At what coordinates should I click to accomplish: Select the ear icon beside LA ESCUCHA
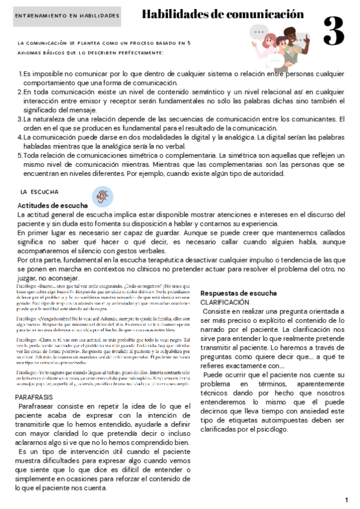click(x=102, y=195)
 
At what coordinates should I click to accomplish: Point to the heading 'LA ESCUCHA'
click(x=39, y=192)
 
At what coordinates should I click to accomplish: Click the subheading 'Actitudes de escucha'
click(x=53, y=205)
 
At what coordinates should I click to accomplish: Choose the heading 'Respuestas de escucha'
click(x=238, y=293)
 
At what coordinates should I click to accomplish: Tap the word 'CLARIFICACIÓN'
click(x=224, y=302)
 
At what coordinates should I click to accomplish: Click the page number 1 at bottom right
click(x=347, y=500)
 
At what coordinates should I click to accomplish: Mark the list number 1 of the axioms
click(x=20, y=74)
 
